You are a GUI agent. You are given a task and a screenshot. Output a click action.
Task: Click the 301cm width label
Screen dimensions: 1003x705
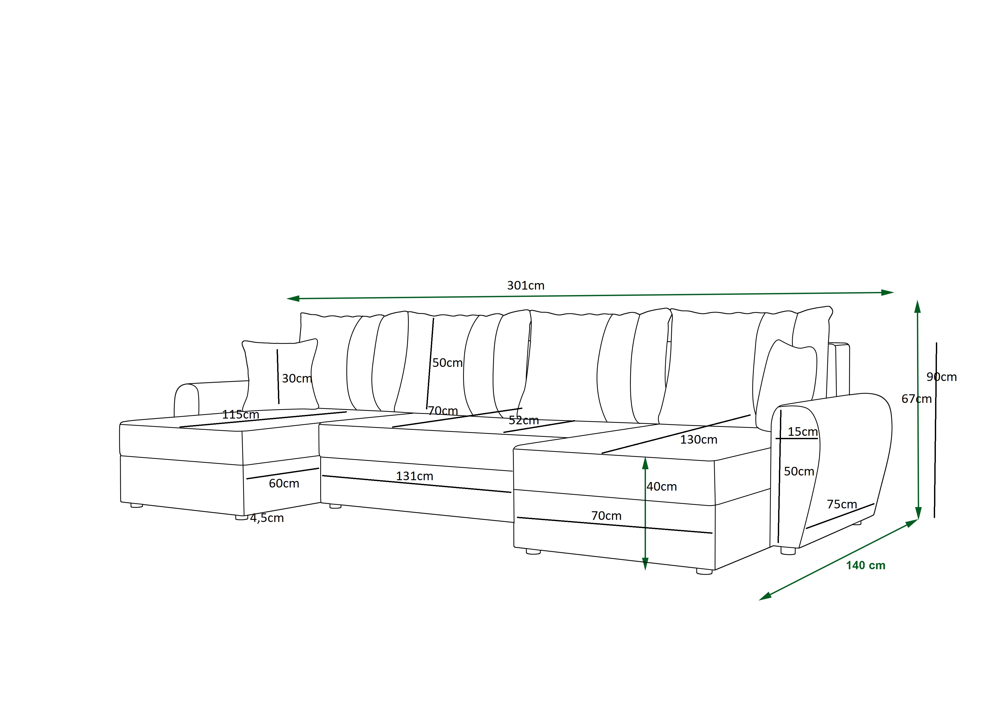(x=526, y=286)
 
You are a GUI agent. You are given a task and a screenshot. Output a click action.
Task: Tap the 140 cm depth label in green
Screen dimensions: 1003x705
(x=865, y=566)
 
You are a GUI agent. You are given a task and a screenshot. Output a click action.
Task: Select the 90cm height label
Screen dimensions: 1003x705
(x=941, y=377)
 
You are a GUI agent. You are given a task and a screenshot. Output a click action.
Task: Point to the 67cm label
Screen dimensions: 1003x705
(x=917, y=399)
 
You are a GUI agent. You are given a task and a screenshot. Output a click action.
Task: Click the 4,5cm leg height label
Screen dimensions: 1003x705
(x=267, y=518)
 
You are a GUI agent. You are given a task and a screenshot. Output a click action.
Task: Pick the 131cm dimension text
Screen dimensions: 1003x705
(x=415, y=476)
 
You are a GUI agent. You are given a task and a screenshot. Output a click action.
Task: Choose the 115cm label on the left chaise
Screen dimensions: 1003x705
(x=241, y=415)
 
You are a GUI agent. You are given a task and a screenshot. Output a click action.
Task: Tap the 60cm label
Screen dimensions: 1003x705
(x=284, y=484)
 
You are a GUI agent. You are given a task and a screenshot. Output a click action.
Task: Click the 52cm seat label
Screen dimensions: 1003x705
(x=524, y=420)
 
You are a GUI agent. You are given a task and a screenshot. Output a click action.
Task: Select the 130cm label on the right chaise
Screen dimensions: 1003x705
(x=698, y=440)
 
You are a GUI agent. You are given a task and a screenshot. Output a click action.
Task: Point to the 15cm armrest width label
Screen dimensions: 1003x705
(x=802, y=432)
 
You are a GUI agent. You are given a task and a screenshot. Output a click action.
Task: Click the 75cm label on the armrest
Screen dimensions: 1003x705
(x=842, y=504)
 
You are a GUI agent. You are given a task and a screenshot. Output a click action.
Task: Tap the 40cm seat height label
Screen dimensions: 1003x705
(x=662, y=487)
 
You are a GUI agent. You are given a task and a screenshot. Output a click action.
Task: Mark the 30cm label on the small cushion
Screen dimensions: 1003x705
(x=297, y=378)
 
